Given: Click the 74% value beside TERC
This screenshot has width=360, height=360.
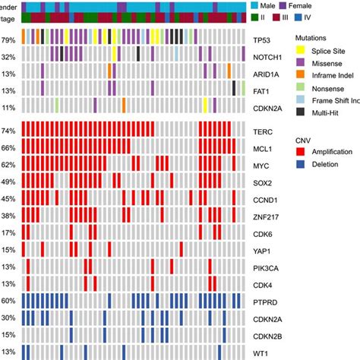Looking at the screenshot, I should (10, 130).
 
